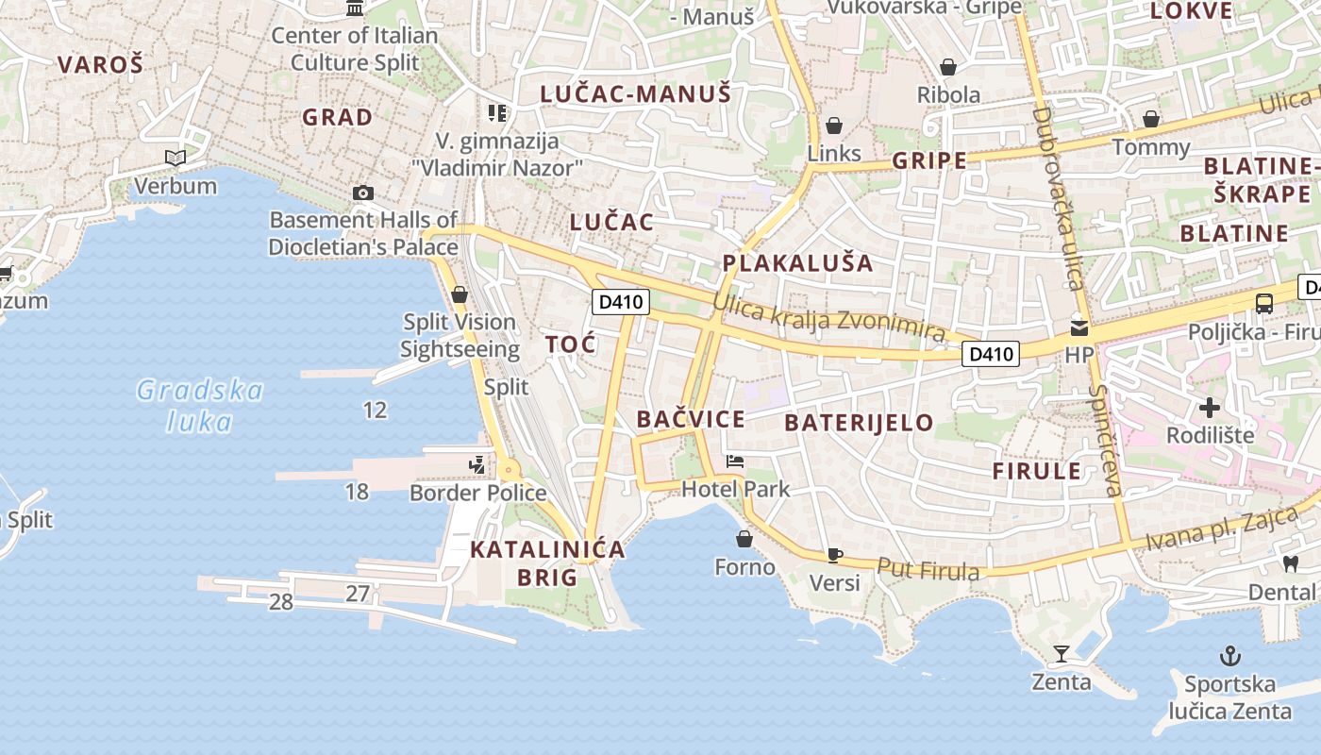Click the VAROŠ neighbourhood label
(x=100, y=64)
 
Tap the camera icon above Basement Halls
(x=362, y=193)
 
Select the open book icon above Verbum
(x=175, y=158)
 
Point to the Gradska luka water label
(x=200, y=405)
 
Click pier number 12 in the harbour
(x=375, y=410)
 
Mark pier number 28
(x=280, y=602)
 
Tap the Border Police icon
(x=477, y=464)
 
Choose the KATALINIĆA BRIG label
(x=547, y=563)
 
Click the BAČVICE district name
(x=691, y=419)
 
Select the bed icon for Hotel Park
(x=735, y=461)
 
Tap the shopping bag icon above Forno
(x=744, y=539)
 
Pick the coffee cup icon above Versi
(x=834, y=555)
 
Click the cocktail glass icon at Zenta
(x=1062, y=653)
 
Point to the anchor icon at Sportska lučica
(x=1229, y=655)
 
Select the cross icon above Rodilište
(x=1210, y=408)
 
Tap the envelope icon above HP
(x=1079, y=328)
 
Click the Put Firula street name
(x=928, y=569)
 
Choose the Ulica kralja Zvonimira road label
(x=829, y=317)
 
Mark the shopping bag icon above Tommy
(x=1151, y=119)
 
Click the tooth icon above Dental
(x=1291, y=563)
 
